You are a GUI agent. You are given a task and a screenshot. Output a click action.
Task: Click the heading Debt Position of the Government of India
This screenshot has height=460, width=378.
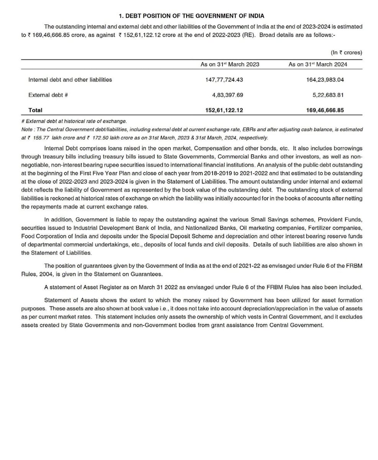coord(191,16)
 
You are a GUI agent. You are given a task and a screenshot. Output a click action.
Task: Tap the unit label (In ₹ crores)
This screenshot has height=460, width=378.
coord(346,53)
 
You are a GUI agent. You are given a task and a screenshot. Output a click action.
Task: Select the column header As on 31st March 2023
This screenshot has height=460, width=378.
coord(230,64)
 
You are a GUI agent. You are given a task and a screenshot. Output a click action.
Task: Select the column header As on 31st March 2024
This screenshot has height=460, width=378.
coord(318,64)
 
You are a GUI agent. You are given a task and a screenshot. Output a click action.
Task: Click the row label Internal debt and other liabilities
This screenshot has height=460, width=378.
coord(70,80)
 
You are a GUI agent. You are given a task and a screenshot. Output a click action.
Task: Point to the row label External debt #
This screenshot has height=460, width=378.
coord(48,95)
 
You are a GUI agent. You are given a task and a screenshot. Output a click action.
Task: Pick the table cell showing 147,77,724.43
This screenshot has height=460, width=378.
coord(224,80)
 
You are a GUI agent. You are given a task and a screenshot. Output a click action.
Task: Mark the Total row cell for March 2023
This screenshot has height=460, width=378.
coord(224,110)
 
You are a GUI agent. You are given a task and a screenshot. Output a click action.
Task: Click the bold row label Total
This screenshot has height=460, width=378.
coord(36,110)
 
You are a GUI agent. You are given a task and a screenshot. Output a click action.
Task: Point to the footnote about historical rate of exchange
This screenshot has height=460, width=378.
coord(74,121)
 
